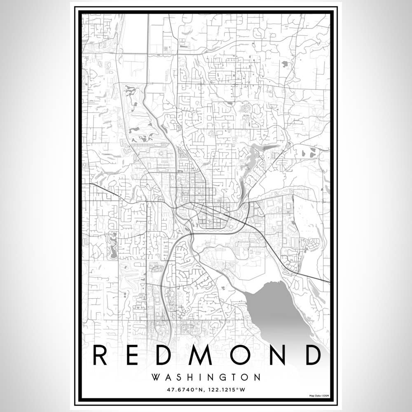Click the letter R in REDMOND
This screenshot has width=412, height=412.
point(101,355)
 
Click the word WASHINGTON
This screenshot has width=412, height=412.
point(206,377)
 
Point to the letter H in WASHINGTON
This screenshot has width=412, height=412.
point(189,377)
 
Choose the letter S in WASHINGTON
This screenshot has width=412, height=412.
point(178,377)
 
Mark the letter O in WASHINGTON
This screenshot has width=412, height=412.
point(244,377)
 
